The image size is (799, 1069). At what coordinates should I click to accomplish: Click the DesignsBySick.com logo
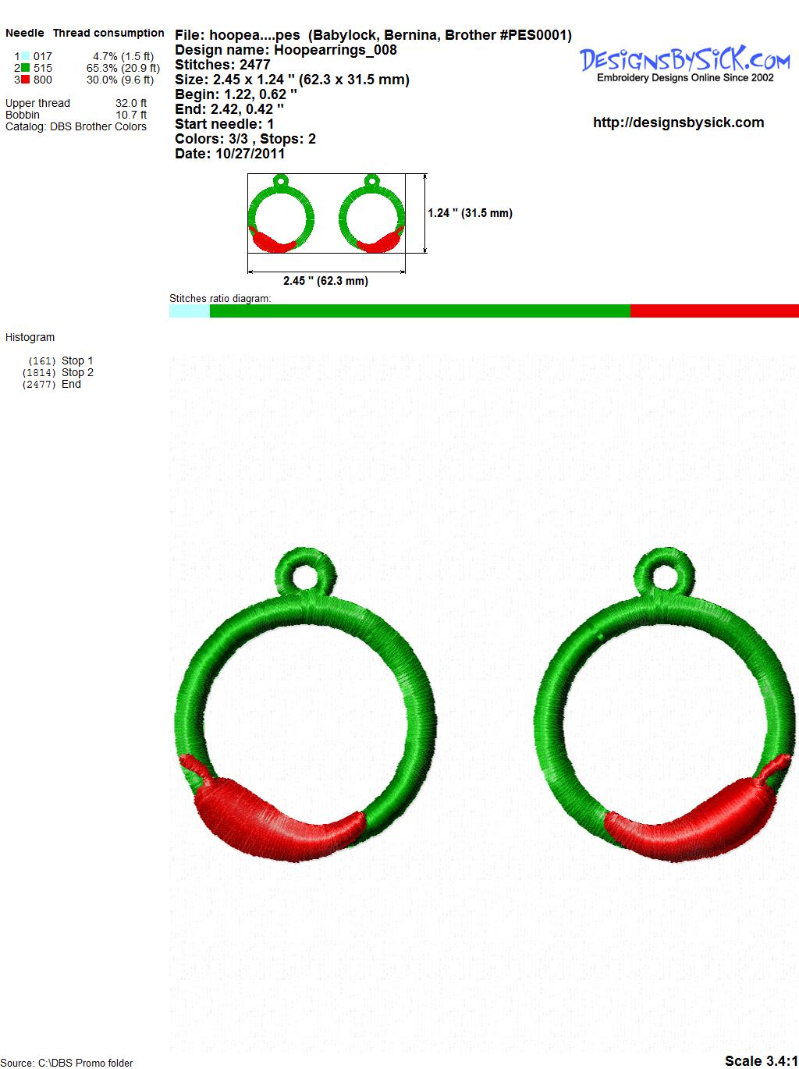684,64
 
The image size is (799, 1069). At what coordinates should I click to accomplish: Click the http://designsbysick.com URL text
678,123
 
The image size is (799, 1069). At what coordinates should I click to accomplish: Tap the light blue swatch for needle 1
25,56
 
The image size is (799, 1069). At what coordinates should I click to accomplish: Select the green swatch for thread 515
25,68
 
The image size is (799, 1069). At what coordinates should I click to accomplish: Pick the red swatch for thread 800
25,80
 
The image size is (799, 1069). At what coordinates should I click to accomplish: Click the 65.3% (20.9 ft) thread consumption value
123,68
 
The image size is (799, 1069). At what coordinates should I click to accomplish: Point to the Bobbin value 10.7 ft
131,115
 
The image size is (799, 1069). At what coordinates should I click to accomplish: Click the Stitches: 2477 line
222,65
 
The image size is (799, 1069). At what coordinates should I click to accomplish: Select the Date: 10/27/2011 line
230,154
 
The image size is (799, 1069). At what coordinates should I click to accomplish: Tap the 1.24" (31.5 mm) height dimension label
470,213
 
